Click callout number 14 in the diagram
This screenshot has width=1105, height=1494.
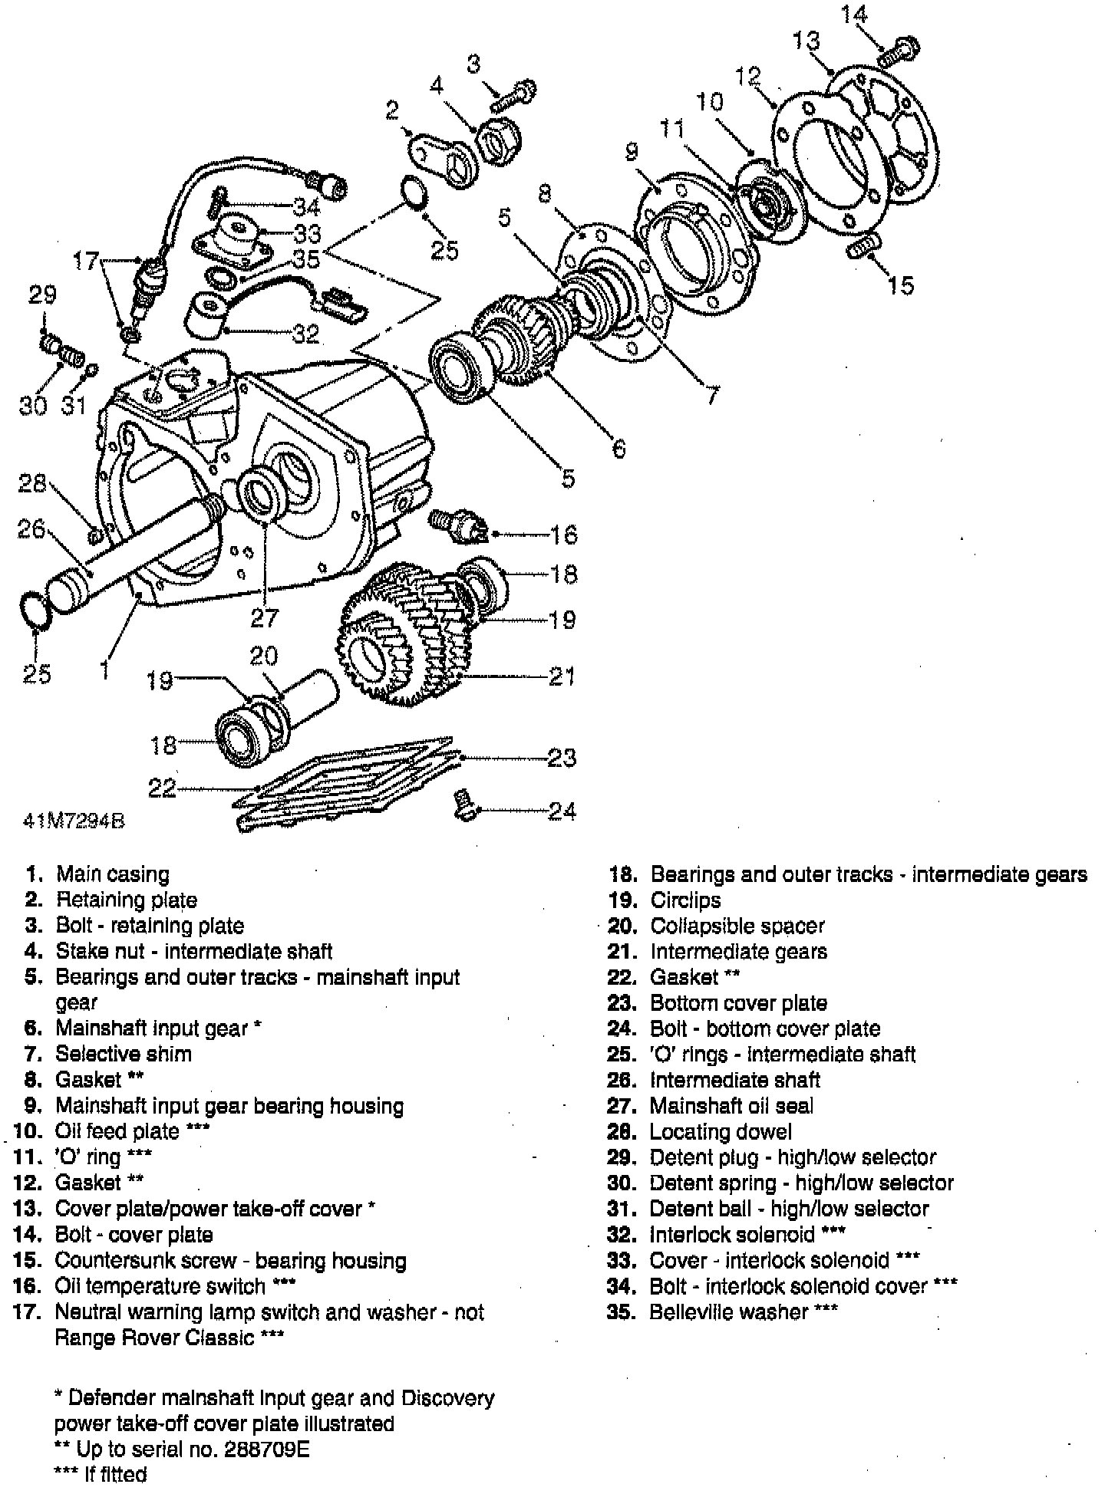[x=853, y=15]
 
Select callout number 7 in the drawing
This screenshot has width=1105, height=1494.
[x=714, y=395]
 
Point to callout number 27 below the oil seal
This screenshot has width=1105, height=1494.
[x=265, y=617]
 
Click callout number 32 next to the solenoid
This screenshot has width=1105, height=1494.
[x=305, y=334]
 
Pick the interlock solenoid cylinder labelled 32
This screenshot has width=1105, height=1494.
[x=206, y=314]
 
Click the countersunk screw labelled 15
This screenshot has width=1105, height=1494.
[x=864, y=248]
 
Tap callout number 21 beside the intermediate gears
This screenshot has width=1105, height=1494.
[x=562, y=676]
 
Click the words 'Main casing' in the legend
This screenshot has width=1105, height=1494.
[x=113, y=874]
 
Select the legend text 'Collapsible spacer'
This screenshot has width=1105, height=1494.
[x=737, y=926]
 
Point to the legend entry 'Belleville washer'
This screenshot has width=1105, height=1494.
[x=728, y=1312]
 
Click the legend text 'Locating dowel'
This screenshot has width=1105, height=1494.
[x=720, y=1132]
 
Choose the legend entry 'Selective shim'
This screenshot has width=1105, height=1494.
[x=123, y=1054]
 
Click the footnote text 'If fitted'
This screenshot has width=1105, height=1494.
[x=115, y=1475]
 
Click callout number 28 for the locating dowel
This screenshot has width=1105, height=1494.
[x=33, y=483]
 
